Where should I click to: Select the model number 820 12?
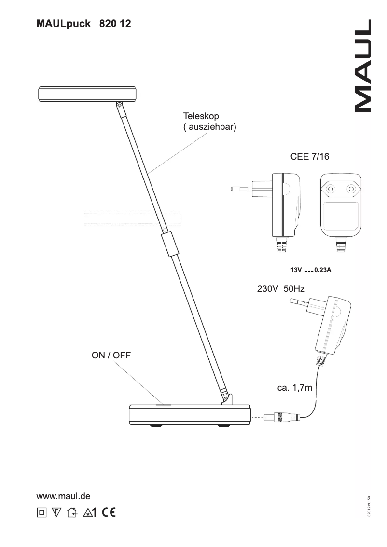[x=115, y=23]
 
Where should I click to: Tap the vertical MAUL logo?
[x=362, y=66]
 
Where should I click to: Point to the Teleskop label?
[x=201, y=116]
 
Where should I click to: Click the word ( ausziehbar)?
[x=209, y=128]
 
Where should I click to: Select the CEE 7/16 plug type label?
[x=309, y=158]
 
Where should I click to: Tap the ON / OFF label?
[x=111, y=356]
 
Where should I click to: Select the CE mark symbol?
[x=109, y=512]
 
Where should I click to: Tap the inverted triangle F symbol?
[x=56, y=512]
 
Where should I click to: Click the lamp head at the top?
[x=87, y=93]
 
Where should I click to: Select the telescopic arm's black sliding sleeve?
[x=168, y=244]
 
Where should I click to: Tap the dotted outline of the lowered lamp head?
[x=133, y=218]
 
